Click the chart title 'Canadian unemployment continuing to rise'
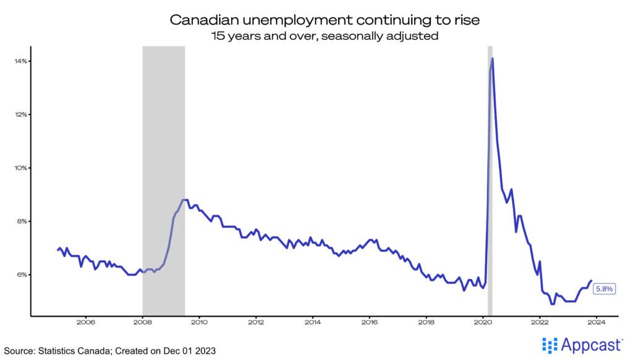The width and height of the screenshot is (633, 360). click(316, 20)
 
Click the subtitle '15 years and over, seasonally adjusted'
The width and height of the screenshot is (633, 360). click(316, 36)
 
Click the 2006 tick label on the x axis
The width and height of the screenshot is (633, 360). click(85, 322)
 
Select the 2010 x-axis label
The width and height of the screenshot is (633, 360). click(199, 322)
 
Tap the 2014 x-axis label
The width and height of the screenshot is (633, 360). click(313, 322)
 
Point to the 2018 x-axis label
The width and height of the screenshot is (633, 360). click(427, 322)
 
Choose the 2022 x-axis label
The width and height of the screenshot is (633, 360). click(540, 322)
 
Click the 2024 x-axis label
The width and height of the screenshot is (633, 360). click(597, 322)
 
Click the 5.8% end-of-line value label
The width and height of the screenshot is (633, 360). click(603, 288)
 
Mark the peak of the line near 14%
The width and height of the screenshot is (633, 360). click(493, 59)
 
